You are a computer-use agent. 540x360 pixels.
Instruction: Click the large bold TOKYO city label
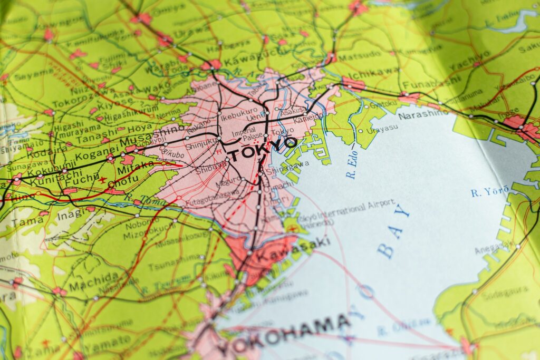pos(262,148)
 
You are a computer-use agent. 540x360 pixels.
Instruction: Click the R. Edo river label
pos(352,168)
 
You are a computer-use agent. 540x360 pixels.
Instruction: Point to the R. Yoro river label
pos(490,191)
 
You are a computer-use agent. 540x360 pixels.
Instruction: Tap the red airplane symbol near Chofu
pos(102,180)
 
